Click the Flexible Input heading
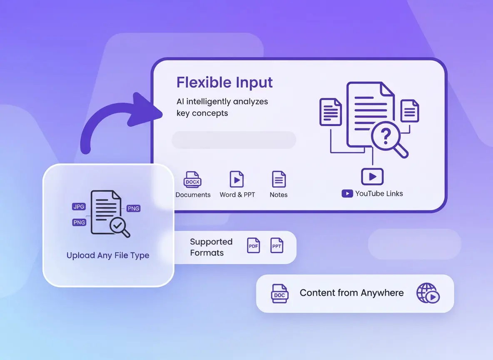pyautogui.click(x=224, y=82)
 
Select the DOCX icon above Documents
pyautogui.click(x=192, y=180)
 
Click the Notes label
pyautogui.click(x=279, y=195)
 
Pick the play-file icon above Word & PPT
pyautogui.click(x=237, y=179)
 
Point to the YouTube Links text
pyautogui.click(x=379, y=193)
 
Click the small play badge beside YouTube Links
pyautogui.click(x=347, y=193)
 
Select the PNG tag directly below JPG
pyautogui.click(x=79, y=222)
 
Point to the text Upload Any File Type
pyautogui.click(x=108, y=255)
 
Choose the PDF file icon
pyautogui.click(x=254, y=245)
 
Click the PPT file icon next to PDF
pyautogui.click(x=277, y=245)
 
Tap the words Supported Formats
pyautogui.click(x=211, y=247)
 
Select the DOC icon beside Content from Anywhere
pyautogui.click(x=279, y=293)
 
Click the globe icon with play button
pyautogui.click(x=428, y=293)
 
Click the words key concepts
pyautogui.click(x=202, y=113)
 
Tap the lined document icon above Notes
pyautogui.click(x=279, y=180)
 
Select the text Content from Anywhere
pyautogui.click(x=351, y=293)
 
